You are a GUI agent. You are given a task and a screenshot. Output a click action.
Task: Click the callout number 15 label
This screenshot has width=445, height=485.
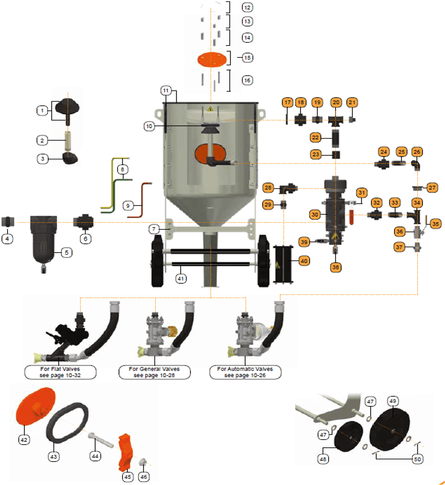[x=247, y=57]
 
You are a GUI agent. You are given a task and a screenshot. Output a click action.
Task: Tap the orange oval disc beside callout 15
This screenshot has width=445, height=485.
[x=212, y=59]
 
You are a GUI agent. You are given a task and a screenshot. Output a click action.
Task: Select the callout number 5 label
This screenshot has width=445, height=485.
[x=67, y=252]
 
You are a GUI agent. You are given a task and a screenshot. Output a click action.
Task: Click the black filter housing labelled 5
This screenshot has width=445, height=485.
[x=43, y=239]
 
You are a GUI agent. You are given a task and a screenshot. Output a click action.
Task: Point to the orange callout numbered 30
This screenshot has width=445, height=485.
[x=315, y=215]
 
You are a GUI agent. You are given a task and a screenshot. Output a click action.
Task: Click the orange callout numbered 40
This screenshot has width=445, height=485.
[x=304, y=261]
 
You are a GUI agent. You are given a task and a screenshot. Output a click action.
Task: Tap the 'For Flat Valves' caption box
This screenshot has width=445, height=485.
[x=60, y=372]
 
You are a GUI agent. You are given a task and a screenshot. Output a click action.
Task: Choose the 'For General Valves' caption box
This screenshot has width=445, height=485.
[x=154, y=372]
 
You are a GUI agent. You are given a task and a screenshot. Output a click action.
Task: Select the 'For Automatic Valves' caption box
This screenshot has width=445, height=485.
[x=245, y=372]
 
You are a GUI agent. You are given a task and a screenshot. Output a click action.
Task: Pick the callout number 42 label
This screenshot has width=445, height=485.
[x=24, y=440]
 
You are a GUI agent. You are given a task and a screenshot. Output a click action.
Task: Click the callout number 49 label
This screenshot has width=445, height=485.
[x=393, y=401]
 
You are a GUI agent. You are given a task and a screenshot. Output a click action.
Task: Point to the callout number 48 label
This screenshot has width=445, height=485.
[x=323, y=459]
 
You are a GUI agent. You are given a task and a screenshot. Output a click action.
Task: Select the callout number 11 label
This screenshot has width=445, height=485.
[x=166, y=91]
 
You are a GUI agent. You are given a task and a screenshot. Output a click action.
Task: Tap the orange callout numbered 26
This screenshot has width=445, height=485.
[x=417, y=152]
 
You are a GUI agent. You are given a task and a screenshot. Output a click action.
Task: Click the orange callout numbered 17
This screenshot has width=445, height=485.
[x=287, y=103]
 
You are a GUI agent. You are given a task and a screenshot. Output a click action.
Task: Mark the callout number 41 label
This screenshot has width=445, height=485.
[x=181, y=278]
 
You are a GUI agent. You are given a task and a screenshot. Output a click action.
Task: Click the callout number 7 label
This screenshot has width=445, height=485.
[x=154, y=229]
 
